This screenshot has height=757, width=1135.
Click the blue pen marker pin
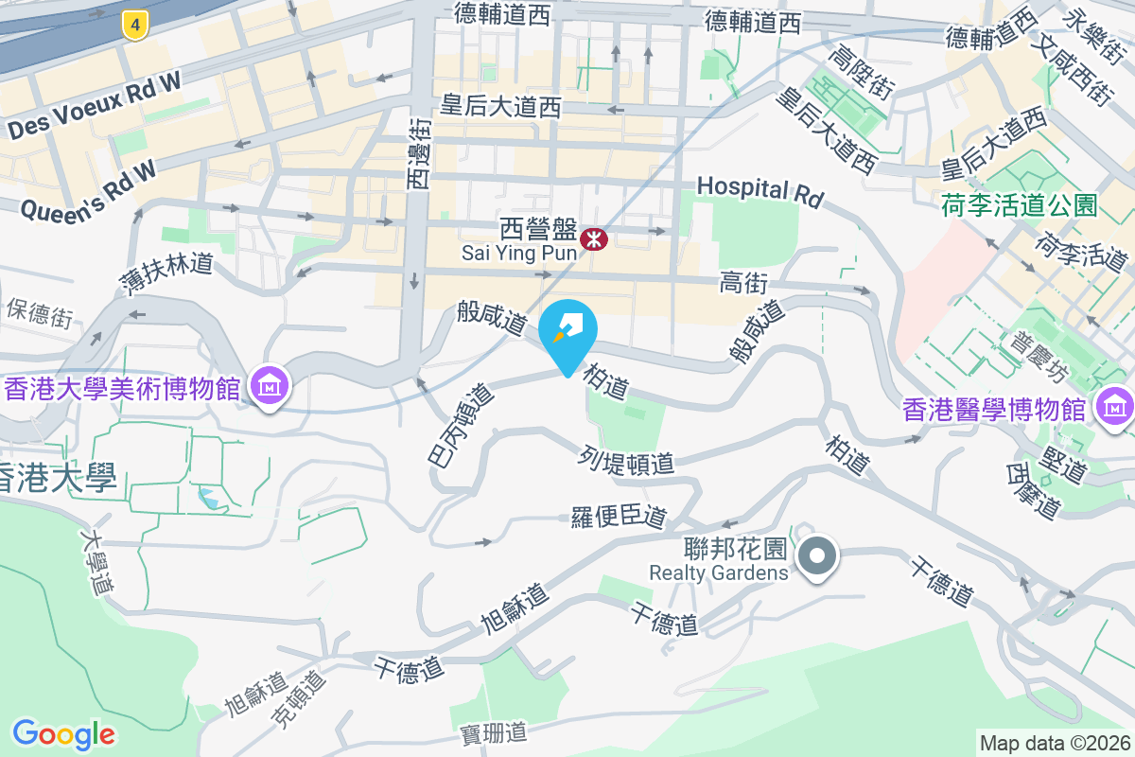[567, 332]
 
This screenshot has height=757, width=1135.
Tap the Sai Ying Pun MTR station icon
[594, 238]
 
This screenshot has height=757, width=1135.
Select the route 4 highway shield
[136, 26]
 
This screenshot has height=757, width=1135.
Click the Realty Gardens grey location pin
[817, 555]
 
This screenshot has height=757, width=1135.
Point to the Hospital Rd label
[760, 191]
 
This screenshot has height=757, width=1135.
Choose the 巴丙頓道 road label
[461, 424]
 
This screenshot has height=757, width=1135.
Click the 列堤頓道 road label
[626, 461]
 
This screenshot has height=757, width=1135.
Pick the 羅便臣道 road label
[620, 517]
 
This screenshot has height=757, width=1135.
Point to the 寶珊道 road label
[493, 732]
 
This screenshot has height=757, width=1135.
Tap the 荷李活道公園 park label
[1019, 204]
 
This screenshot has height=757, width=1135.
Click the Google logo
[63, 733]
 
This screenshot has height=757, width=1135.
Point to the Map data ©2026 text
[1054, 743]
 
